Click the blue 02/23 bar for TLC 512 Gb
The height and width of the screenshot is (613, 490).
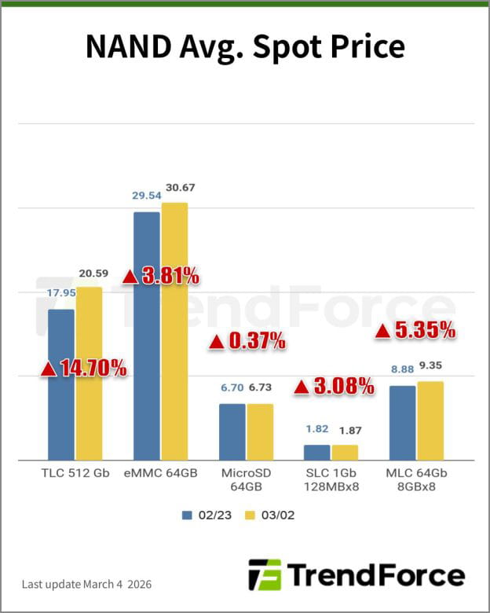click(x=61, y=384)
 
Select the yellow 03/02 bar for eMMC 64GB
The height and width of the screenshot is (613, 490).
click(x=174, y=331)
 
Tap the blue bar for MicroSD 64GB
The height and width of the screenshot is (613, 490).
click(x=232, y=431)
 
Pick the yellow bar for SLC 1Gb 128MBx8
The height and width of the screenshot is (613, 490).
click(x=345, y=452)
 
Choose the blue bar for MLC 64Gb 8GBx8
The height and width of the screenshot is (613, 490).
click(x=402, y=423)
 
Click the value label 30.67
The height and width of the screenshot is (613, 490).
click(x=176, y=192)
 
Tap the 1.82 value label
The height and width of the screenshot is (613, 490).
click(x=317, y=429)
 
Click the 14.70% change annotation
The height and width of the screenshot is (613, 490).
click(x=83, y=367)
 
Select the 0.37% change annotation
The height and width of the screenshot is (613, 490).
click(x=247, y=341)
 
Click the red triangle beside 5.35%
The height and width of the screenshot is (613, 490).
click(x=382, y=331)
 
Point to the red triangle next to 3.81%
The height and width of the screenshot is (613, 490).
click(x=131, y=277)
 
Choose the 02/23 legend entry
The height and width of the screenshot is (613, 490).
click(x=207, y=516)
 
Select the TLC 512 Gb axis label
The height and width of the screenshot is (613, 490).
click(x=75, y=473)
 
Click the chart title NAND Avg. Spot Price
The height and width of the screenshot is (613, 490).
click(x=245, y=47)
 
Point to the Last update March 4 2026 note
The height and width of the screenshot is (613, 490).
click(x=86, y=585)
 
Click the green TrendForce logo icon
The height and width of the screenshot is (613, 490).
click(x=265, y=574)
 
